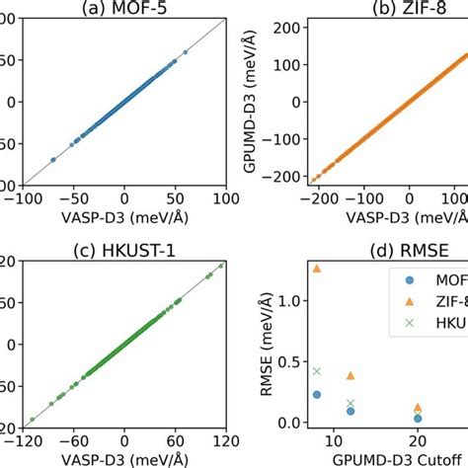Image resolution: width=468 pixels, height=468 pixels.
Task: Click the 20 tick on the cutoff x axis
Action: point(418,440)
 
